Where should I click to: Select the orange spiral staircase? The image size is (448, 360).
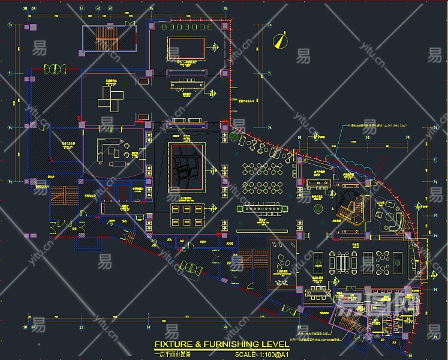tap(350, 210)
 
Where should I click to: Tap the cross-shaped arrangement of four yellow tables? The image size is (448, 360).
tap(111, 96)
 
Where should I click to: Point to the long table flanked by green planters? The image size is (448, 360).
tap(264, 209)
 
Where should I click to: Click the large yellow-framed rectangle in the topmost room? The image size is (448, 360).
tap(187, 49)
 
